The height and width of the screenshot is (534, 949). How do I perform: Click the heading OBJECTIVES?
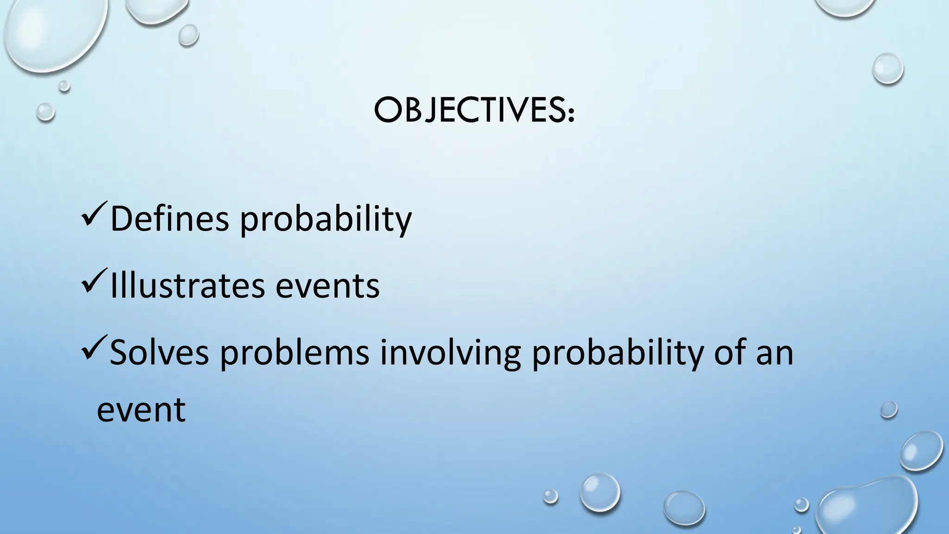click(x=474, y=112)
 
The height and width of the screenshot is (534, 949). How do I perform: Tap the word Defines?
click(x=170, y=219)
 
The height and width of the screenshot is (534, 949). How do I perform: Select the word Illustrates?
click(x=187, y=286)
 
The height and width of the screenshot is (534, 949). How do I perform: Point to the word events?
click(x=327, y=286)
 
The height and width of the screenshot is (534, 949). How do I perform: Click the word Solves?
click(x=159, y=352)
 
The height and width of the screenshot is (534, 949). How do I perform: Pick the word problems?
click(x=294, y=353)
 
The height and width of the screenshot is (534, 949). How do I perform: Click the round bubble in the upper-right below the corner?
click(x=887, y=69)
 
